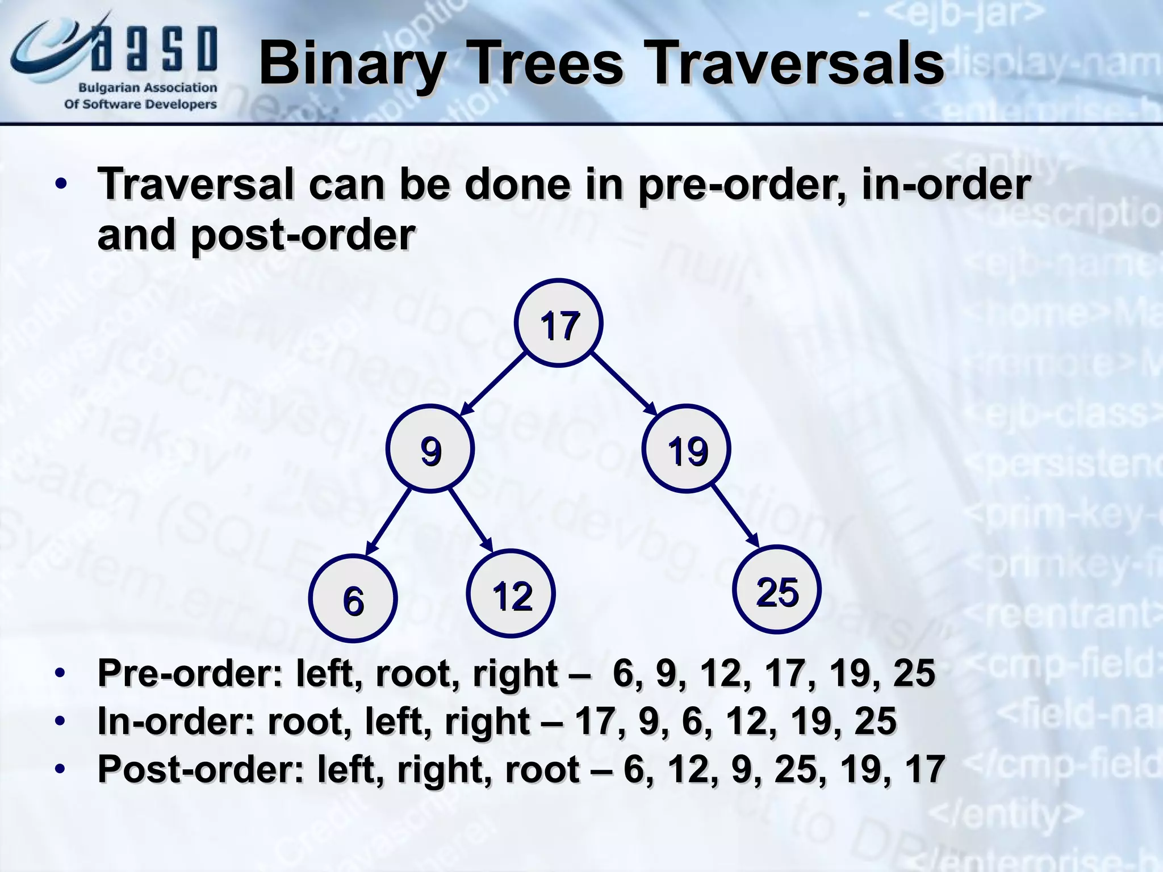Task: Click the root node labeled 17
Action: pyautogui.click(x=559, y=324)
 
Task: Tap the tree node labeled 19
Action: pyautogui.click(x=687, y=450)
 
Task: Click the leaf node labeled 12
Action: pyautogui.click(x=511, y=595)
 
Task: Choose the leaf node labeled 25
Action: pyautogui.click(x=777, y=590)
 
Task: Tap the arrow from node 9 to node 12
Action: pyautogui.click(x=471, y=519)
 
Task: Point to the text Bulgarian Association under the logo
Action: pyautogui.click(x=147, y=88)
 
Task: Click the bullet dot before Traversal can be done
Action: pyautogui.click(x=61, y=185)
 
